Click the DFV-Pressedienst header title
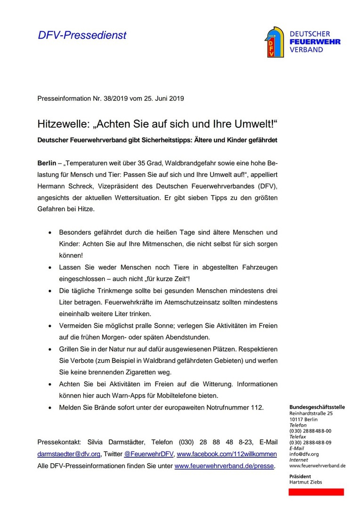pos(82,35)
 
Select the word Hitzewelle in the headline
pos(60,125)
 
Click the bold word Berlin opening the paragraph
pos(47,164)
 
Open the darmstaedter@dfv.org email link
pos(69,454)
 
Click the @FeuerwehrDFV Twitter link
pos(148,454)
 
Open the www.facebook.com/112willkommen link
pos(227,454)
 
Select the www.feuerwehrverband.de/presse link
pos(224,466)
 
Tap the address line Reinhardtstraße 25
pos(311,413)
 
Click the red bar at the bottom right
pos(316,492)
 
